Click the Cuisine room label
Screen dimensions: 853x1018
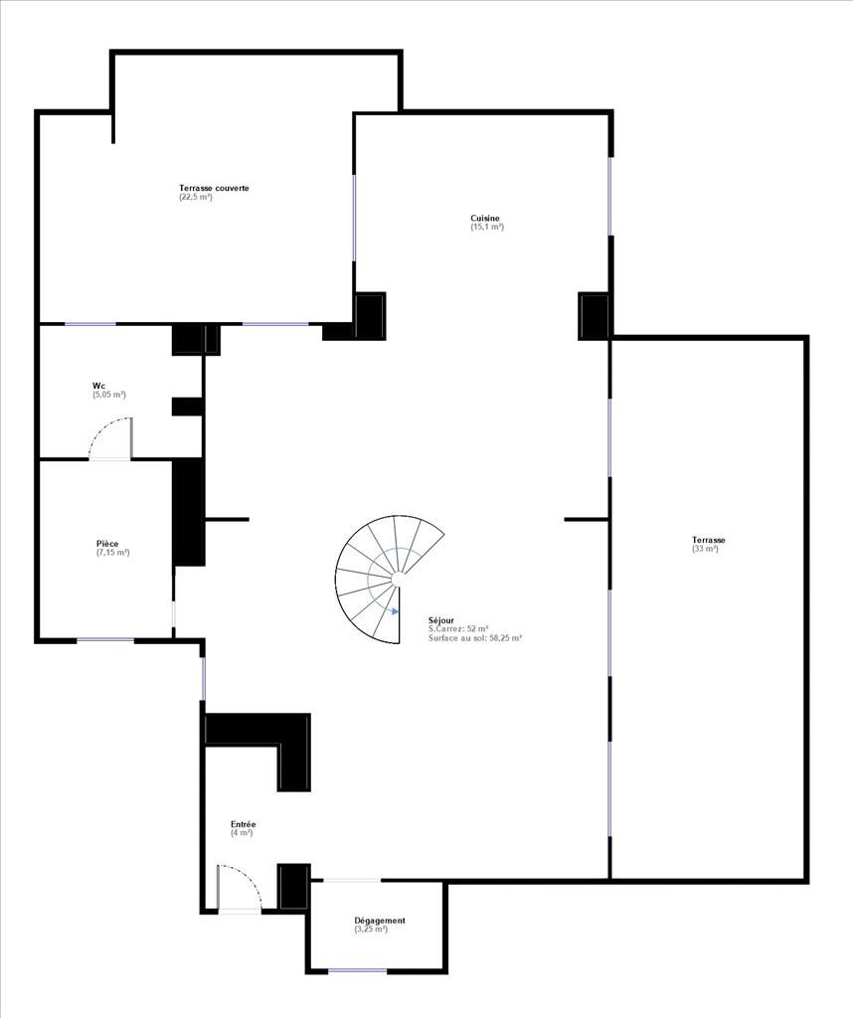click(x=485, y=218)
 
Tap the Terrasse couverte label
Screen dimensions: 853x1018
click(x=214, y=188)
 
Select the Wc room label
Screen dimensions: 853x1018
click(x=98, y=386)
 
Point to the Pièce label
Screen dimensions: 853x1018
click(x=107, y=544)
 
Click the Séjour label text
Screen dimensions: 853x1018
click(x=441, y=620)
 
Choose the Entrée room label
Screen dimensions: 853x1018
click(x=244, y=824)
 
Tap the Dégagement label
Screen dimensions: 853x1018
click(x=380, y=921)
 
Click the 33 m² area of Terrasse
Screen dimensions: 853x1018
click(x=706, y=549)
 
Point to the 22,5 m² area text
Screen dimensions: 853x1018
click(x=196, y=197)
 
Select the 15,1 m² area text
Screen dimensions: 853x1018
click(x=487, y=228)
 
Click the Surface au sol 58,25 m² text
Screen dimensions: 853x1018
click(x=476, y=638)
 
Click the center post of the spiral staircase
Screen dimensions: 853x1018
click(x=398, y=578)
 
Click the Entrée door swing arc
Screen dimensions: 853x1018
click(x=250, y=877)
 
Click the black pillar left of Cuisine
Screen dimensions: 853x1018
click(x=370, y=316)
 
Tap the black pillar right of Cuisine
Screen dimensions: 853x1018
click(x=594, y=316)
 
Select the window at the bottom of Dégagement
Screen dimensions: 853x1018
click(x=358, y=971)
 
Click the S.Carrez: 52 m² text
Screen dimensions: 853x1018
click(x=458, y=629)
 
